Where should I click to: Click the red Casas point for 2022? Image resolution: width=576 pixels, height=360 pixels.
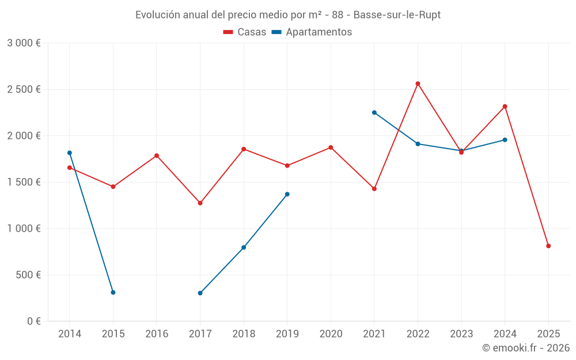[418, 84]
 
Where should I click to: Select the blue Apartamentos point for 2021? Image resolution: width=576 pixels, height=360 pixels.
[374, 112]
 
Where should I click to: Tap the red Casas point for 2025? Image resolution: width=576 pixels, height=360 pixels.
[548, 246]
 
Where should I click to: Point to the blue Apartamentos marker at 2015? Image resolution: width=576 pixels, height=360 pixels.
[113, 293]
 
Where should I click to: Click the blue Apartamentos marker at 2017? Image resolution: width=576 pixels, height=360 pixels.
[200, 293]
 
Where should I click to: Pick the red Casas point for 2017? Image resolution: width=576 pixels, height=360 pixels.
[200, 203]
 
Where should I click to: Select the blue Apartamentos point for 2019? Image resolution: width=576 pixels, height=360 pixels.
[287, 194]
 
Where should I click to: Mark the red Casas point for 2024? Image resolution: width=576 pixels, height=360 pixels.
[505, 107]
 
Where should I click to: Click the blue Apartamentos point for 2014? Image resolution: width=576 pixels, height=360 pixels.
[70, 153]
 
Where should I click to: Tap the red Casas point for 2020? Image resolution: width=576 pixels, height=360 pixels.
[331, 147]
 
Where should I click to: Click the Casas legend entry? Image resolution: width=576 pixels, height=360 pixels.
[245, 32]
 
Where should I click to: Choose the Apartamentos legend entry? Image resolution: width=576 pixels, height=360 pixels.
[312, 32]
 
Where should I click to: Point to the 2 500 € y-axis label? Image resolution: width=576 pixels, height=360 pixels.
[24, 89]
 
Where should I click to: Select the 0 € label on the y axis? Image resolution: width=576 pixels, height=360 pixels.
[33, 321]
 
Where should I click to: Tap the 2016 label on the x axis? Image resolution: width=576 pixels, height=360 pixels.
[157, 334]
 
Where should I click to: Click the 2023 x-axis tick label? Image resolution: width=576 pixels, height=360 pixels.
[461, 334]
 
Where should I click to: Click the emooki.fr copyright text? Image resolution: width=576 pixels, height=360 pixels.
[525, 348]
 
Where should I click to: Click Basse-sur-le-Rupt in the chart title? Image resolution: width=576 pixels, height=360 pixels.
[397, 15]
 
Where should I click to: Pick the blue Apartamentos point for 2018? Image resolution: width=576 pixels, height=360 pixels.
[244, 248]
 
